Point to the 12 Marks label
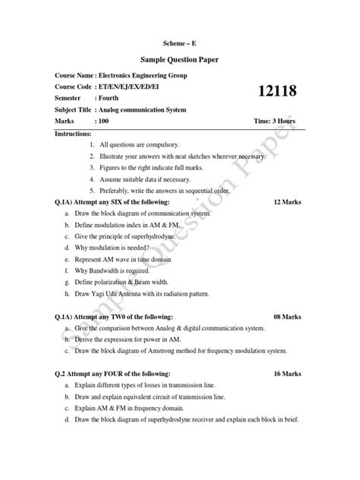[288, 204]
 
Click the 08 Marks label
[288, 316]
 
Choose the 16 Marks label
[288, 374]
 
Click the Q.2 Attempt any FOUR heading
[112, 374]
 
